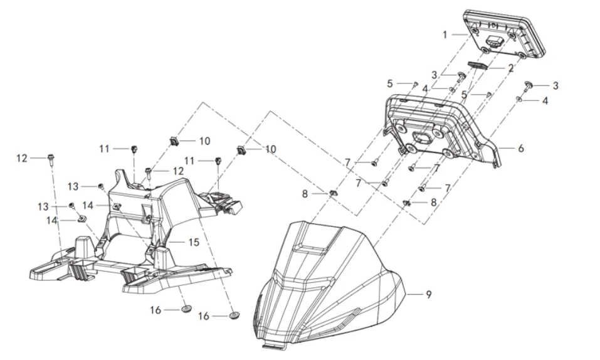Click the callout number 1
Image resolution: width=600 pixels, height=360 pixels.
pyautogui.click(x=445, y=35)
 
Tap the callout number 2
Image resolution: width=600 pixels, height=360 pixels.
pyautogui.click(x=510, y=68)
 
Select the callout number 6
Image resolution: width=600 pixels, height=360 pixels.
pyautogui.click(x=521, y=148)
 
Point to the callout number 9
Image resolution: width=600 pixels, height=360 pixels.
pyautogui.click(x=429, y=295)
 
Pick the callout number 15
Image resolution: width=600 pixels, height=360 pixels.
pyautogui.click(x=194, y=242)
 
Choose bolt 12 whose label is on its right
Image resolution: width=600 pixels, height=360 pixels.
pyautogui.click(x=148, y=172)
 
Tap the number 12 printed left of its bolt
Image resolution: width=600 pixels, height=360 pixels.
pyautogui.click(x=22, y=158)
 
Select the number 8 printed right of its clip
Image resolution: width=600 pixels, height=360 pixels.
pyautogui.click(x=434, y=202)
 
